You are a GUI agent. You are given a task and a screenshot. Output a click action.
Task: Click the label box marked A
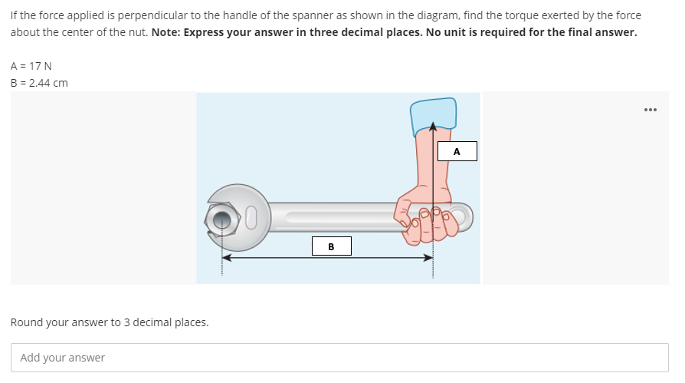[457, 151]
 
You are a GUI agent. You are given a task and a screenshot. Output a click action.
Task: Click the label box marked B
[331, 246]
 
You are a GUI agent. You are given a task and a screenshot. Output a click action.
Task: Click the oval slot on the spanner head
[249, 219]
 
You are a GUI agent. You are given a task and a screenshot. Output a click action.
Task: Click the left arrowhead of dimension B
[228, 258]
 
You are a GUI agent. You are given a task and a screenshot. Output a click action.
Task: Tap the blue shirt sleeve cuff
[434, 114]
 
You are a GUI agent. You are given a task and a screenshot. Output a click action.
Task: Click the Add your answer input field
[339, 358]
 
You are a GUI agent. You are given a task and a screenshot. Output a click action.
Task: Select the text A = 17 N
[31, 67]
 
